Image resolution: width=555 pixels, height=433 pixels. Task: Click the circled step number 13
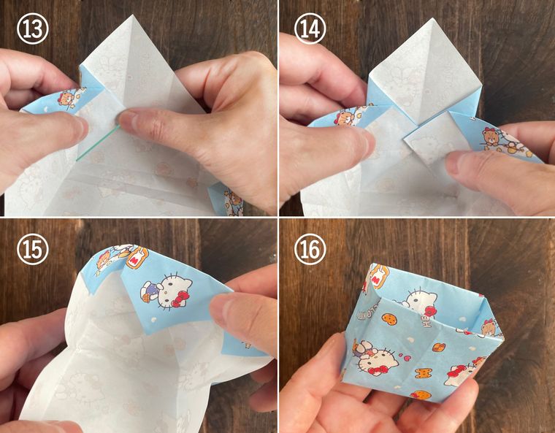click(33, 28)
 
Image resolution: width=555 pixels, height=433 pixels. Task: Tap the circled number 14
click(310, 28)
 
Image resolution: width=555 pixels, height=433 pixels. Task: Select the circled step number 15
click(33, 250)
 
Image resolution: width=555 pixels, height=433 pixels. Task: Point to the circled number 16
click(310, 250)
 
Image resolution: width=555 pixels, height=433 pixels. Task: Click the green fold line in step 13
click(98, 143)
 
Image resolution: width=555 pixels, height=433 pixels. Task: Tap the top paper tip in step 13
click(132, 15)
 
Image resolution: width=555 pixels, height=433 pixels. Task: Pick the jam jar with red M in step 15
click(137, 258)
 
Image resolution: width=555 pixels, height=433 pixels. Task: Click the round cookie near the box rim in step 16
click(389, 319)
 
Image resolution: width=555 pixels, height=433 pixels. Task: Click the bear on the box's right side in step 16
click(489, 328)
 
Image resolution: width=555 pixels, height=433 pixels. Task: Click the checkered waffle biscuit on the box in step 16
click(438, 347)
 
